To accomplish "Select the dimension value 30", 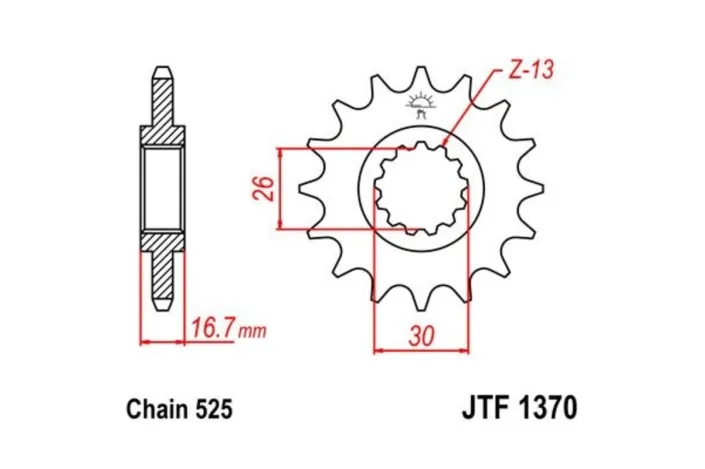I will (x=420, y=337).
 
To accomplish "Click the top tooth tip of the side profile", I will (x=162, y=72).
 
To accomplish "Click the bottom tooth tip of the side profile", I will (x=162, y=303).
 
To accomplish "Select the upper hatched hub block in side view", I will (x=162, y=135).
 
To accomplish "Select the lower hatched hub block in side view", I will (x=162, y=241).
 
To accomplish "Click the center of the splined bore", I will (x=421, y=188).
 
